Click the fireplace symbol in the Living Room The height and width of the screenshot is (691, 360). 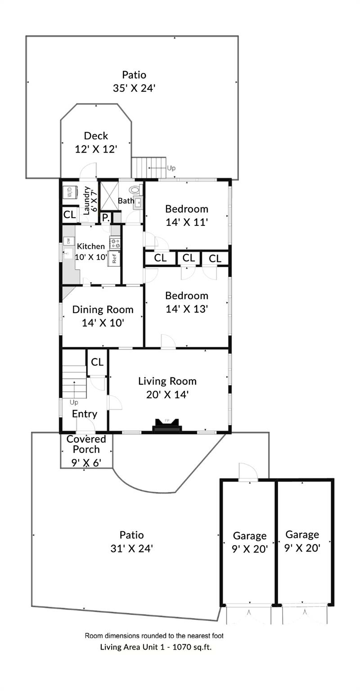pos(167,425)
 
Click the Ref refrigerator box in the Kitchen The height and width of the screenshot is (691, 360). pos(114,258)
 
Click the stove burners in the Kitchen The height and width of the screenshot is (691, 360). pos(115,243)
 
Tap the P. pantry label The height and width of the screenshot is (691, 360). pos(105,218)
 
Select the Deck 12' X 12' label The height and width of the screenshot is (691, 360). pos(96,142)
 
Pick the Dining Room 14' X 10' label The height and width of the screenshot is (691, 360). pos(103,316)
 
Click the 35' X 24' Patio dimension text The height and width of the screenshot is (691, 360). pos(134,88)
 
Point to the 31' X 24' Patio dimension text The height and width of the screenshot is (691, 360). pos(132,548)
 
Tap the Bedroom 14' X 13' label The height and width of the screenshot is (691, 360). pos(186,302)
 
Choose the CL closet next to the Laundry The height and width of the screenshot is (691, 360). pos(69,215)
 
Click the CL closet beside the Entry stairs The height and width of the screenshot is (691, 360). pos(97,362)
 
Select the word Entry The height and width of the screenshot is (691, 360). pos(85,414)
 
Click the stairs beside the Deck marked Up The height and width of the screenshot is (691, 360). pos(148,168)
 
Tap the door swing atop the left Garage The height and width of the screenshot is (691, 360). pos(247,472)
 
